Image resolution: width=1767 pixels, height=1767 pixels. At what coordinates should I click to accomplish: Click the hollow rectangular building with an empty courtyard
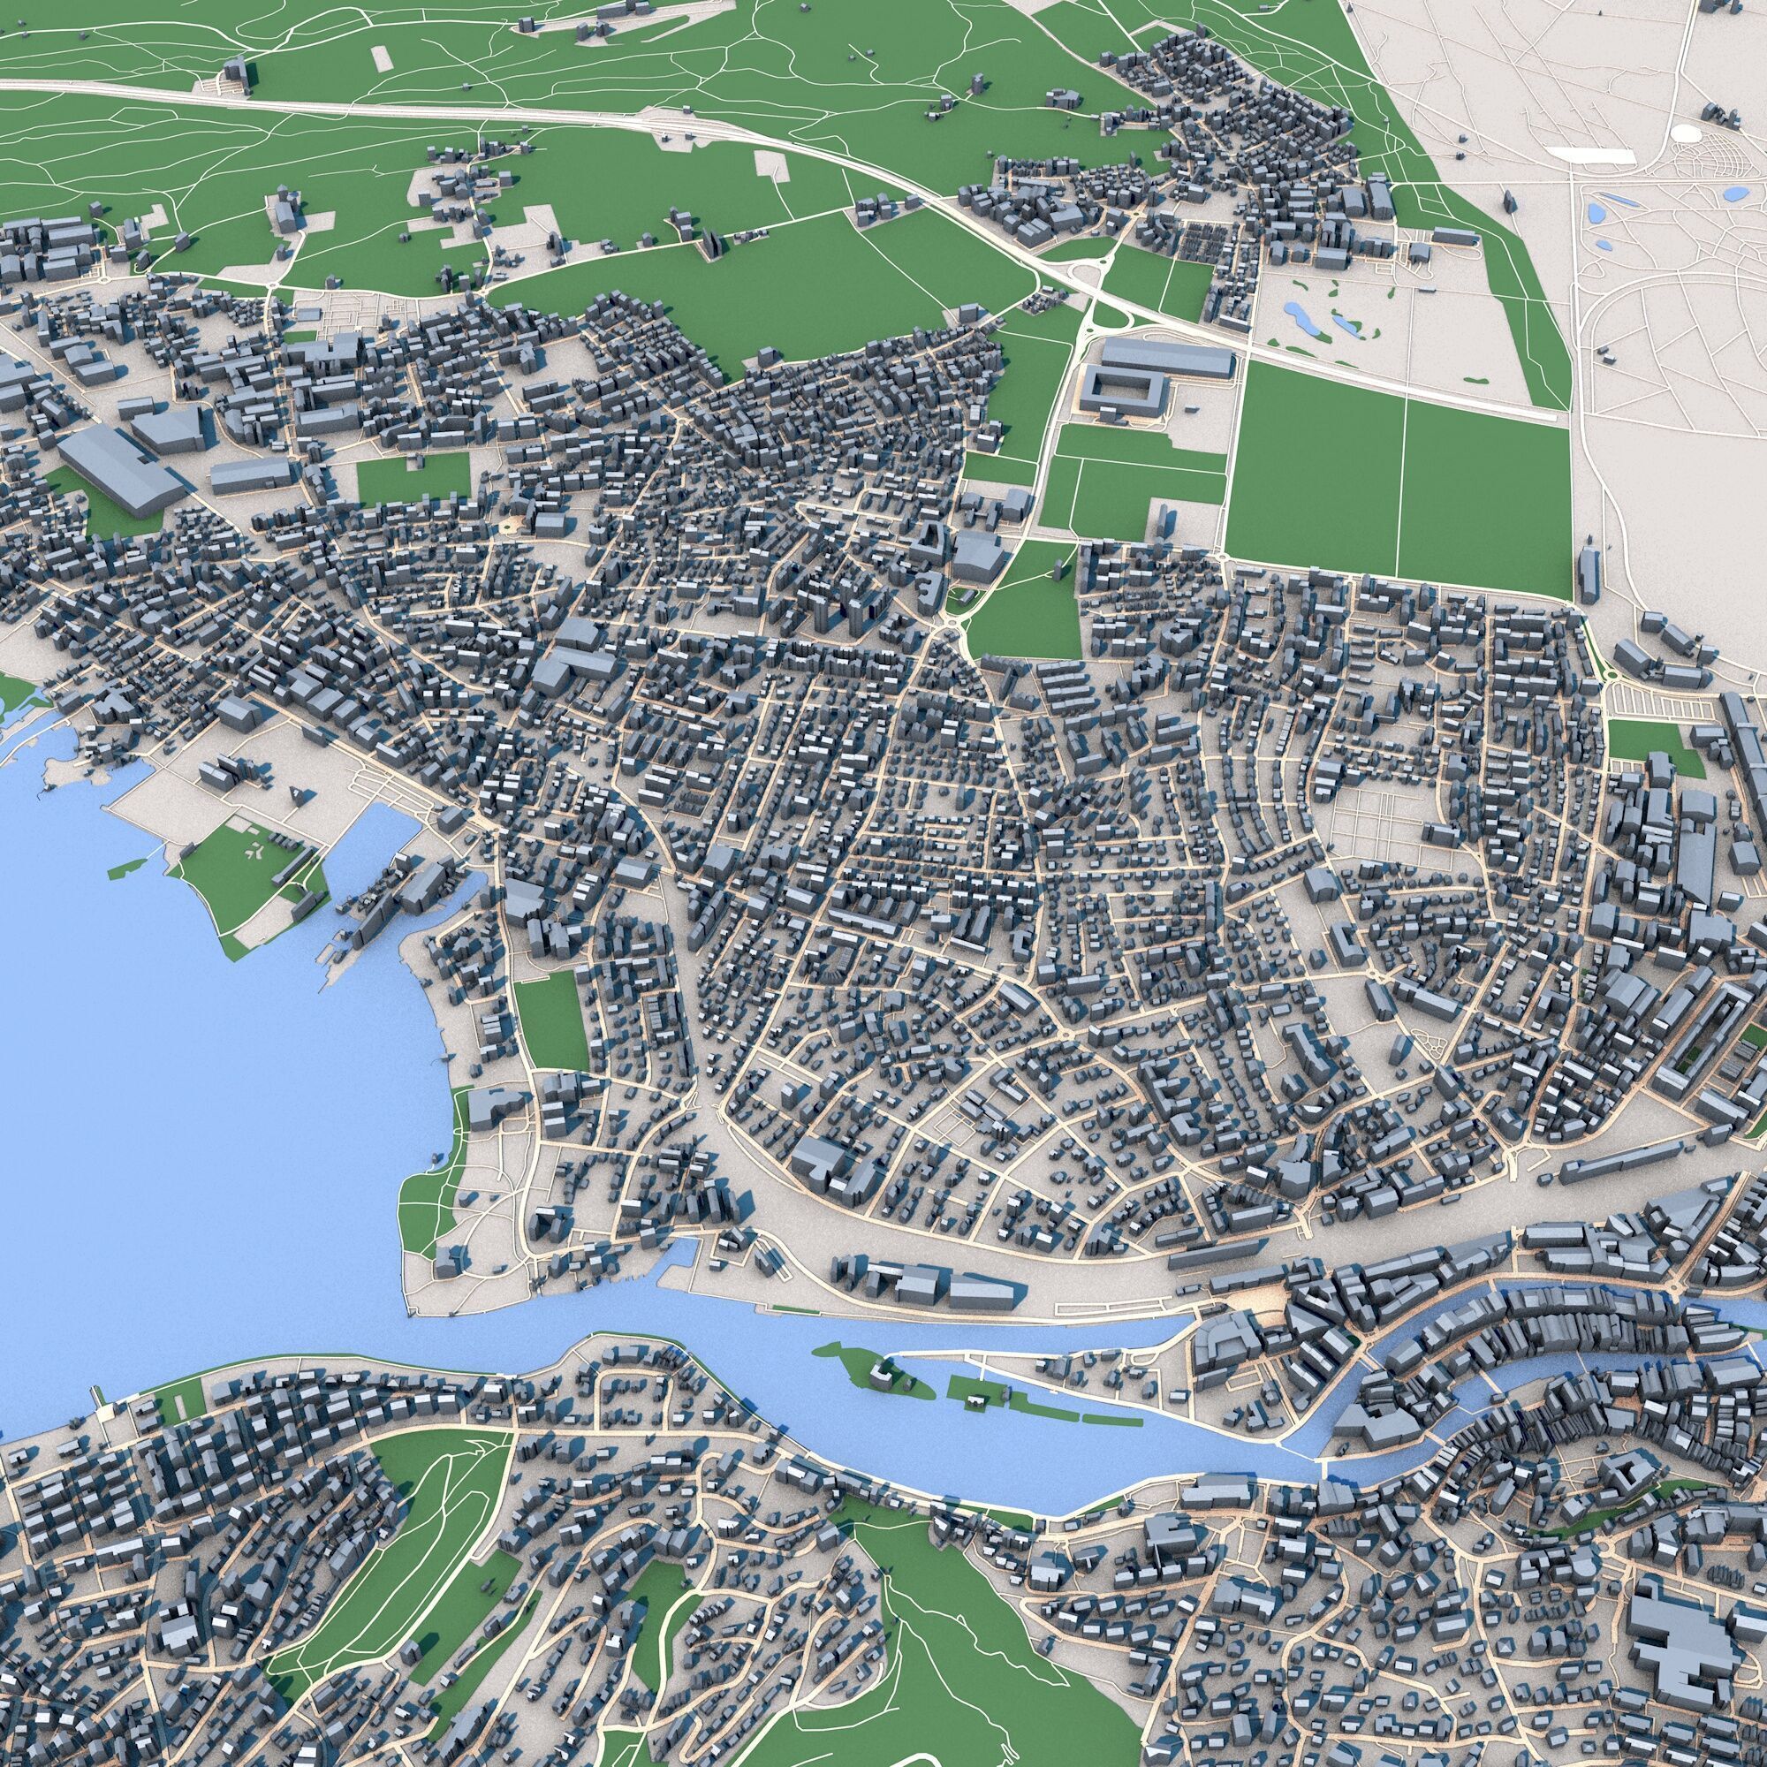coord(1122,392)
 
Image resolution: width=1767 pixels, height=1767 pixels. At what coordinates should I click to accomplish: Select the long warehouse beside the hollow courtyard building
coord(1167,358)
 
